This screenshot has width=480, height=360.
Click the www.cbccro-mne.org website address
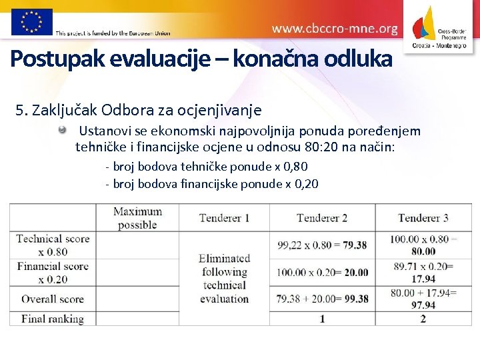click(x=335, y=29)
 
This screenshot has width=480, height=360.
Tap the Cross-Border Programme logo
click(x=441, y=27)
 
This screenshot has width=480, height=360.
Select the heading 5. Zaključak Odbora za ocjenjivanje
click(x=139, y=109)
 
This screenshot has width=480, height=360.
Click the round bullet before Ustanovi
click(x=62, y=131)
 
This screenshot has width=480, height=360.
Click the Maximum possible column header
click(x=137, y=218)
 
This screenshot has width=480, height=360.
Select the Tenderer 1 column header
click(x=224, y=218)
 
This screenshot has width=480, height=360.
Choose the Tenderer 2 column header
click(x=322, y=218)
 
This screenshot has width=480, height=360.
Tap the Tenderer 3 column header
click(x=423, y=218)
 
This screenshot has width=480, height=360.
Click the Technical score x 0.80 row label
click(x=53, y=245)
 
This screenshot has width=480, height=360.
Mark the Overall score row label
click(x=53, y=299)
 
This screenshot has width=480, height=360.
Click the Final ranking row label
click(x=53, y=319)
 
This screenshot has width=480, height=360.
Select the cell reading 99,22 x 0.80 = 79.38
click(x=322, y=245)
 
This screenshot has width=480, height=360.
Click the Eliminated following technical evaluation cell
click(x=224, y=278)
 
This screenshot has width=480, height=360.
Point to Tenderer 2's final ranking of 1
click(x=322, y=319)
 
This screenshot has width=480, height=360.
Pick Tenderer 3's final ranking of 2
click(x=423, y=319)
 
